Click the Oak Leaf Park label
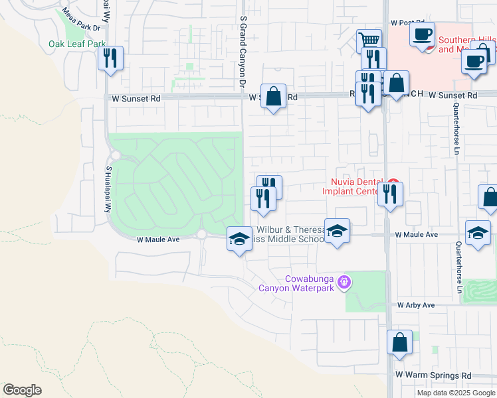click(77, 44)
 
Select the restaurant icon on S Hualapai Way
click(110, 58)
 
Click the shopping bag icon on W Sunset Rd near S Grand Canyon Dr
click(273, 97)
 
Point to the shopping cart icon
click(369, 41)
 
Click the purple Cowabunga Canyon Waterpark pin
click(344, 282)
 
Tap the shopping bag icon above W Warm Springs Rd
click(400, 343)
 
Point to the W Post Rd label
click(407, 23)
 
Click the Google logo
click(22, 389)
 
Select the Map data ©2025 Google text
click(455, 393)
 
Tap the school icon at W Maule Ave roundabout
click(239, 239)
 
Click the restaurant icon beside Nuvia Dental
click(390, 194)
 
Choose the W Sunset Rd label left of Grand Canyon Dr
click(136, 98)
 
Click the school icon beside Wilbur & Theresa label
click(337, 232)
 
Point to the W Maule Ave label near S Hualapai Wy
click(158, 239)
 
